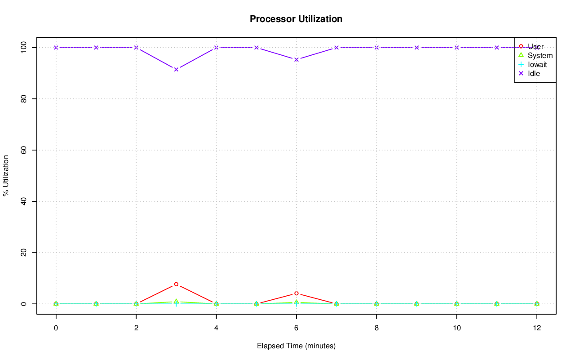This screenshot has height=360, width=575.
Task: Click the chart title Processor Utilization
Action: point(296,19)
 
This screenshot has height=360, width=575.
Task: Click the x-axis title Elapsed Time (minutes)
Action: point(296,346)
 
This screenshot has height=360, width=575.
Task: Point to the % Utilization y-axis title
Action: point(6,175)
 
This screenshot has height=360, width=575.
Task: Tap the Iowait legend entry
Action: point(537,64)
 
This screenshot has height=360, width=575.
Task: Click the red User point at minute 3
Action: point(176,284)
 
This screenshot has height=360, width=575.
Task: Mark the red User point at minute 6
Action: point(296,293)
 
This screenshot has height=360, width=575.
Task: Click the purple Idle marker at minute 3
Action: point(176,69)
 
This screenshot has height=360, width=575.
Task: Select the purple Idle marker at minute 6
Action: point(296,59)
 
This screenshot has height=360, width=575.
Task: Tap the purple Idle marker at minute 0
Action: point(56,48)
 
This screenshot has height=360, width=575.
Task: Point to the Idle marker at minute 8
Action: point(376,48)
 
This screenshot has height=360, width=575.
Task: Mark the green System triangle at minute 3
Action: point(176,302)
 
